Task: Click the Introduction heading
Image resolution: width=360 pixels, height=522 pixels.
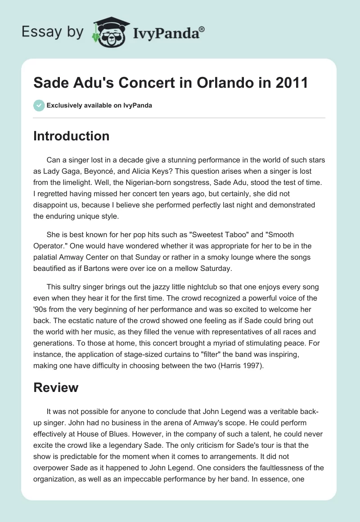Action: (x=72, y=136)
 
